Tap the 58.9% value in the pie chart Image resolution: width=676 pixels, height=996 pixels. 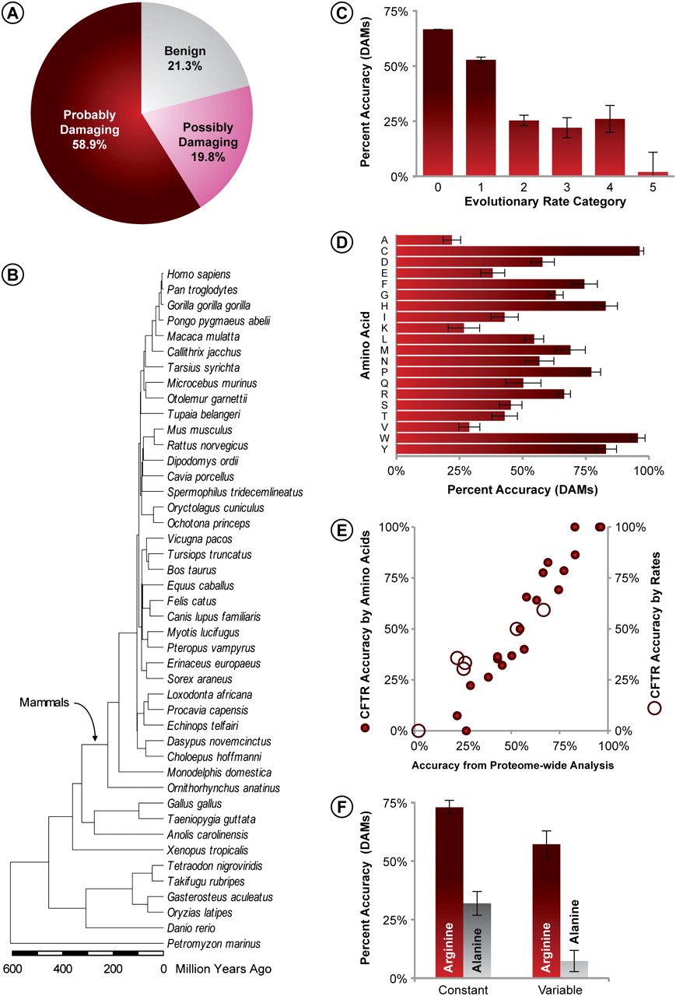tap(86, 145)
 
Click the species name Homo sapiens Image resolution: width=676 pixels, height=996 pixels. tap(192, 274)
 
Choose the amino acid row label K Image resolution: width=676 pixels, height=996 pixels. tap(385, 328)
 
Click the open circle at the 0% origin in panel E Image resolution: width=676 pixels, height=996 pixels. tap(419, 731)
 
